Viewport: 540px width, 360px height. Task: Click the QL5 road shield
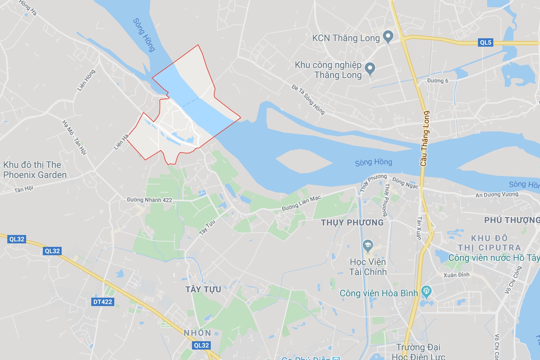486,42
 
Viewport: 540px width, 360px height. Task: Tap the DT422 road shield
103,302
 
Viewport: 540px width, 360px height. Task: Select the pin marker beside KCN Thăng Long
388,37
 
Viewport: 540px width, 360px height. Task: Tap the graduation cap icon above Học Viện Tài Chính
368,246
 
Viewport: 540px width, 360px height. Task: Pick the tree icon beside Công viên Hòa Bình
426,292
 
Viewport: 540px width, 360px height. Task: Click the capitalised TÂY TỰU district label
203,289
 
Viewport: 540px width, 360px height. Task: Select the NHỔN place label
198,333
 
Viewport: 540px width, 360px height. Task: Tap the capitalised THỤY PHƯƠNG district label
352,222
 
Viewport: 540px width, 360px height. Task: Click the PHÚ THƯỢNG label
511,220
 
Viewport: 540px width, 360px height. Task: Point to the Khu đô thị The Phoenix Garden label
34,170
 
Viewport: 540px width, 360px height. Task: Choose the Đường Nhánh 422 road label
149,200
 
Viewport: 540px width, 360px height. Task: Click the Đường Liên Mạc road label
301,203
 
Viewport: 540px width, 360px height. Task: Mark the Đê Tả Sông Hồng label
308,99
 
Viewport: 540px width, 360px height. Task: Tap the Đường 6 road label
438,81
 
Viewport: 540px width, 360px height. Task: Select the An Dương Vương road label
497,195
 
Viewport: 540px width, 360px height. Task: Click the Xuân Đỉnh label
456,275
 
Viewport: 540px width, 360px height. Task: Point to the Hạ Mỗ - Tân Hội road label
74,137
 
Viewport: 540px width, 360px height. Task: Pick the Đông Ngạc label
405,183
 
